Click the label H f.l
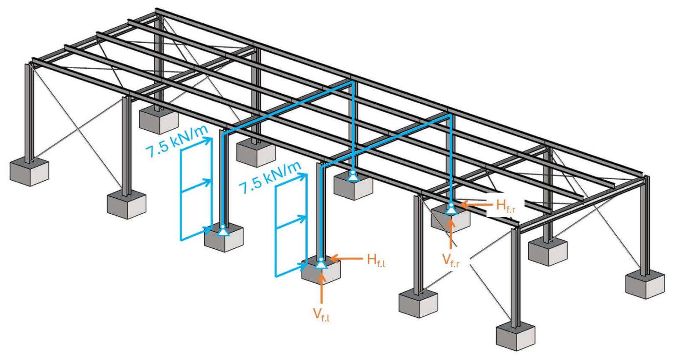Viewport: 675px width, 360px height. [376, 259]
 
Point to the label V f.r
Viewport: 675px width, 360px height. [451, 261]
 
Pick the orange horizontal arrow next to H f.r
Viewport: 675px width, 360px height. [474, 204]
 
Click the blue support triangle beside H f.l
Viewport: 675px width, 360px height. [321, 263]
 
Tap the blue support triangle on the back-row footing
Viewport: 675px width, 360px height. [352, 177]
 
